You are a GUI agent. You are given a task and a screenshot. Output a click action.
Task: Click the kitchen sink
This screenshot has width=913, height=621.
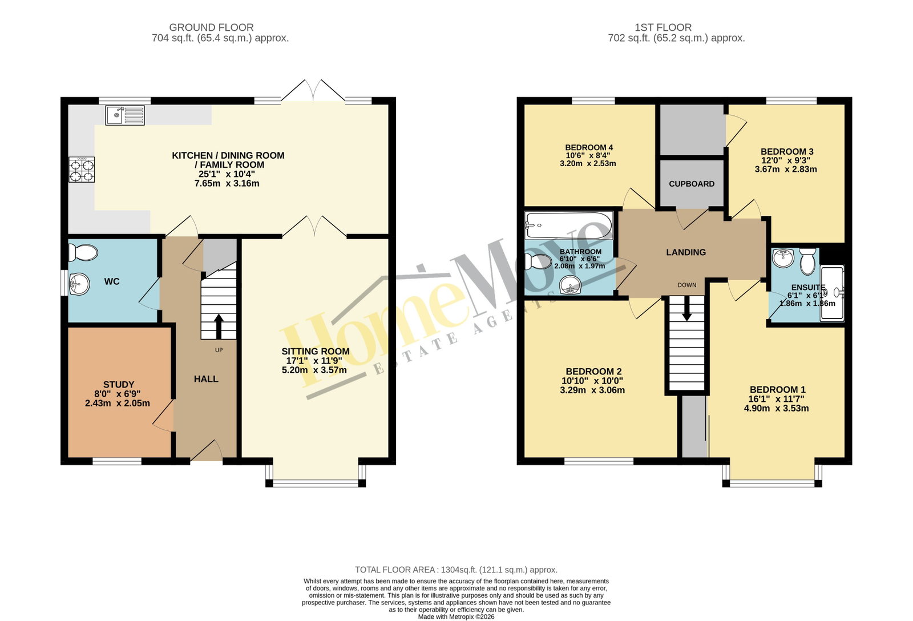(125, 115)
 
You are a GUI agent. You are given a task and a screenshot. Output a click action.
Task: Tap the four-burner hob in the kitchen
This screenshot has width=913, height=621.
(82, 170)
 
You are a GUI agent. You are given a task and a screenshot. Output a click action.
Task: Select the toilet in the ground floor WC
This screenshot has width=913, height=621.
(83, 252)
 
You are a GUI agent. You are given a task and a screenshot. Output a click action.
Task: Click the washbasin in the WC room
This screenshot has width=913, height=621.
(79, 284)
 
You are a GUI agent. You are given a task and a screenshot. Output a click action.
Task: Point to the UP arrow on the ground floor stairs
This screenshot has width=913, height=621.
(219, 326)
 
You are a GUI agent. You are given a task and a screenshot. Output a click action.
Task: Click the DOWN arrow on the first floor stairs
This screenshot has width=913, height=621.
(687, 308)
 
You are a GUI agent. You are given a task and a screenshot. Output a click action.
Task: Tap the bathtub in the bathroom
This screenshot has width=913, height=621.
(569, 225)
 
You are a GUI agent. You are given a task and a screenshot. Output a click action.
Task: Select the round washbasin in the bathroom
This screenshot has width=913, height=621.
(571, 285)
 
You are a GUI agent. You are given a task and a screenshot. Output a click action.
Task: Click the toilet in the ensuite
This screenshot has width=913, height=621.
(807, 261)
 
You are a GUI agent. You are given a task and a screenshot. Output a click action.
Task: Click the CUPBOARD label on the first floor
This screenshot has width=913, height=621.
(691, 184)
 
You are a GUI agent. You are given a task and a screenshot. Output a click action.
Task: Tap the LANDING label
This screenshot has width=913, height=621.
(686, 252)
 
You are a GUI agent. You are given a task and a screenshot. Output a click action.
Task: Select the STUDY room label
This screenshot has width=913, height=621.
(119, 385)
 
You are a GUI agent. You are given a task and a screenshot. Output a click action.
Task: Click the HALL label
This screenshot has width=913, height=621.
(206, 379)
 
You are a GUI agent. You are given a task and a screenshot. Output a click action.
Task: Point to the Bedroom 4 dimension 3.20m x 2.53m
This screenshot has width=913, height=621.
(588, 164)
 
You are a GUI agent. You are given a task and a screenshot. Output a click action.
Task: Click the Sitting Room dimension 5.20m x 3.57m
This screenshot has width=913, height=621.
(314, 370)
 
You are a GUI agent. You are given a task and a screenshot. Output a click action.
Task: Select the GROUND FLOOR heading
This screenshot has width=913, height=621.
(211, 27)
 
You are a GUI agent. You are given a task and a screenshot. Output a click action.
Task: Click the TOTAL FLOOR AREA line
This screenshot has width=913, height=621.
(456, 570)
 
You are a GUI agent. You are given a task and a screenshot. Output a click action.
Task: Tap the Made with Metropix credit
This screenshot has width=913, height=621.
(456, 617)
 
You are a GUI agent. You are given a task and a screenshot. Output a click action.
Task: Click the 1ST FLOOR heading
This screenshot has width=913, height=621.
(662, 27)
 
